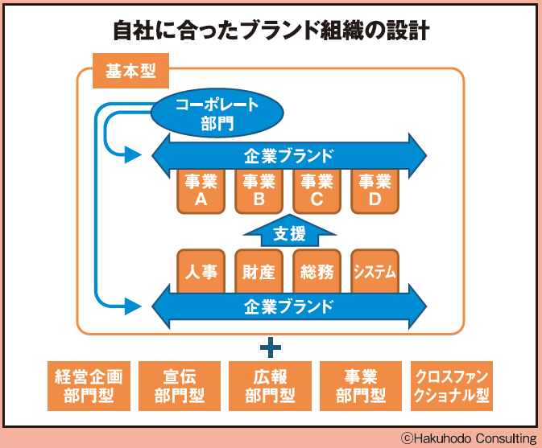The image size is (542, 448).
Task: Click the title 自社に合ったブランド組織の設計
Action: pos(271,31)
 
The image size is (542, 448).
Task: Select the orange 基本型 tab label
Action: pos(130,72)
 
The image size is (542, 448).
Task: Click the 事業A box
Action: pos(201,191)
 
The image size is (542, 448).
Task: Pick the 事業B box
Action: pos(259,191)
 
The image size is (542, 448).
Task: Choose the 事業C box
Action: pos(316,191)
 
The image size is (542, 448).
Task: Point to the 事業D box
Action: pos(374,191)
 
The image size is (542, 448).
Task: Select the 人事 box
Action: pos(201,271)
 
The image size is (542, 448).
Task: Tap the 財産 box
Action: pos(259,271)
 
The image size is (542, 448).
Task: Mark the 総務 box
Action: pos(316,271)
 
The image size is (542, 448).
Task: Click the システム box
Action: pos(374,271)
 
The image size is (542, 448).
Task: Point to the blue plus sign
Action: pos(271,347)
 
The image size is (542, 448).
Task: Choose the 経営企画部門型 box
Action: pos(89,386)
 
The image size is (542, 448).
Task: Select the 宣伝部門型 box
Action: pos(180,386)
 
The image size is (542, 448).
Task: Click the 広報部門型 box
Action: pos(270,386)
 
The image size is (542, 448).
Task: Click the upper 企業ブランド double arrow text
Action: pos(288,154)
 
